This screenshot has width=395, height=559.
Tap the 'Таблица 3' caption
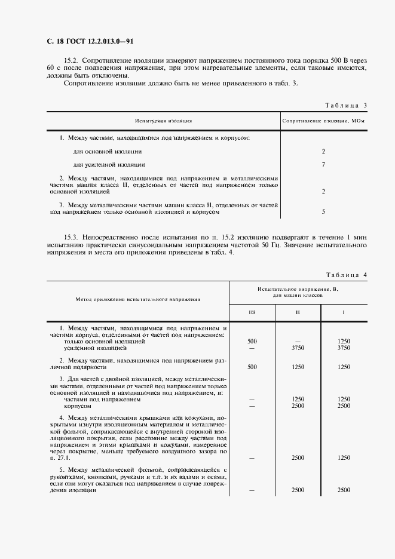346,105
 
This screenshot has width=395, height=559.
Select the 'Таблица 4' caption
346,275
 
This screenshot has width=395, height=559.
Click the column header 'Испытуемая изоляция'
163,121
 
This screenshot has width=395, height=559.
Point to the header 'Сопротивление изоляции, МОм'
323,121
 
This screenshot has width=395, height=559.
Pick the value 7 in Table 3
323,164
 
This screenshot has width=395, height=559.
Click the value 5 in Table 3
323,211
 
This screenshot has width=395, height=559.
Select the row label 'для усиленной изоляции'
109,164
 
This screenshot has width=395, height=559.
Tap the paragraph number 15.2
71,62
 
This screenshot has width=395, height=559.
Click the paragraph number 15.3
71,238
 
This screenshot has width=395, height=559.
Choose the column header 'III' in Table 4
252,312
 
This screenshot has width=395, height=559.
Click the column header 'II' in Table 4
298,312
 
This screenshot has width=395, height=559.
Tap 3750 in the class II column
298,348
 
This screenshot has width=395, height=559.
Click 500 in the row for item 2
252,367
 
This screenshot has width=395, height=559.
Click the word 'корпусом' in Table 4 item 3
76,406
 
